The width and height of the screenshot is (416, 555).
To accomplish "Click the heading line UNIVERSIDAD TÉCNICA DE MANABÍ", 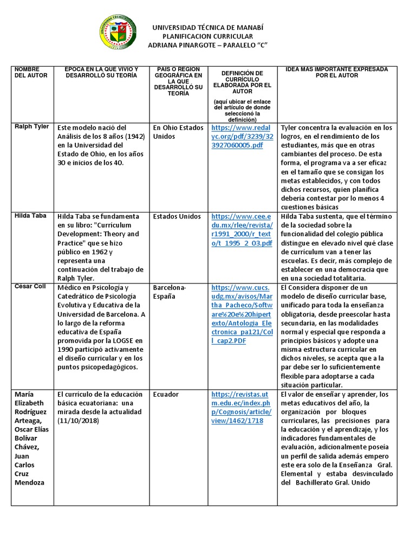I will click(x=208, y=27).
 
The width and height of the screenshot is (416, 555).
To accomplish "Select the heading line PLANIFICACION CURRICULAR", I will click(x=208, y=36).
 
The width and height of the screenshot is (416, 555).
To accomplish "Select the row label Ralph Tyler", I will click(x=32, y=127).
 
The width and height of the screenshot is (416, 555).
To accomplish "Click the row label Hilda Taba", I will click(x=30, y=216).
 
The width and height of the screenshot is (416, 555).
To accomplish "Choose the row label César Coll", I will click(x=30, y=287).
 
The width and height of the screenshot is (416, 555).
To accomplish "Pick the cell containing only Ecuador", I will click(x=166, y=394).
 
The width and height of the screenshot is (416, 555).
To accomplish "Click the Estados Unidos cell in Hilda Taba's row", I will click(x=177, y=216).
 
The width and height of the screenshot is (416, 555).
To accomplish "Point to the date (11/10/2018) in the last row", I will click(x=79, y=421).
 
